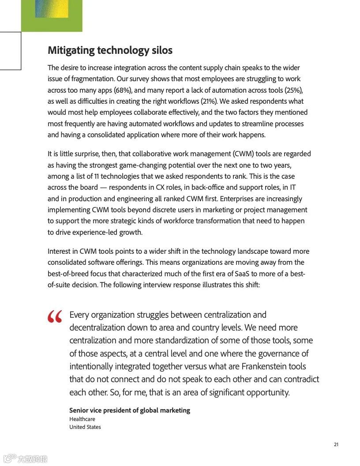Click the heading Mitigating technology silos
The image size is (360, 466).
[110, 50]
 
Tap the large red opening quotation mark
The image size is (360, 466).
[55, 317]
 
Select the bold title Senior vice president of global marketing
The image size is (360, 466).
[129, 410]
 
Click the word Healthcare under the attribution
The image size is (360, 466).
[82, 419]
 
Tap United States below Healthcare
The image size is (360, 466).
[85, 427]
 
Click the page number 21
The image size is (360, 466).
[336, 444]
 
